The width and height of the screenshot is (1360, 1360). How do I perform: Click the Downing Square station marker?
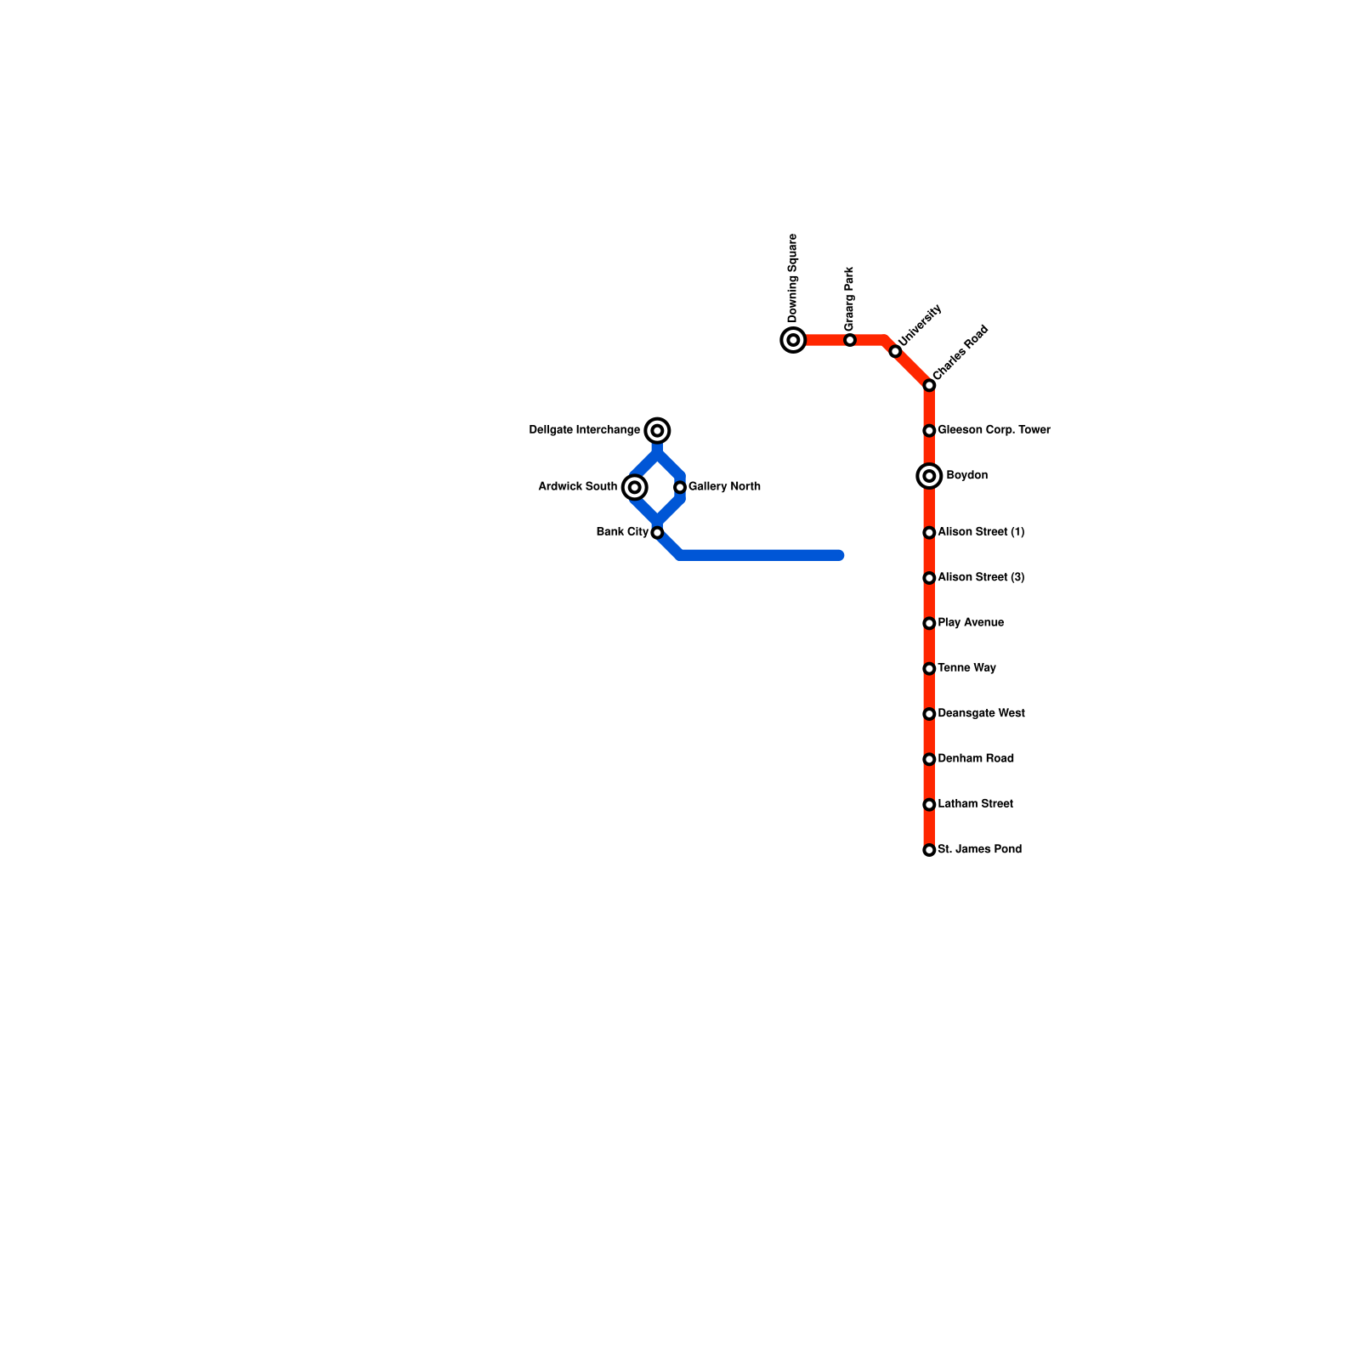(x=793, y=340)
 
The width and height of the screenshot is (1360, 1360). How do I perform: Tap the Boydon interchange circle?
(x=929, y=476)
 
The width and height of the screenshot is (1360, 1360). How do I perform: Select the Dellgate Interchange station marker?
(x=657, y=431)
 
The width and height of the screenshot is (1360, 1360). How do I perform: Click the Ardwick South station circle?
(x=634, y=487)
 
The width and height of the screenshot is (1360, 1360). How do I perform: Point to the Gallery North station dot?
(x=680, y=487)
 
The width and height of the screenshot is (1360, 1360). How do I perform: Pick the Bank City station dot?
(x=657, y=533)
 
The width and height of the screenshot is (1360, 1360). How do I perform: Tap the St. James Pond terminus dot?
(x=929, y=850)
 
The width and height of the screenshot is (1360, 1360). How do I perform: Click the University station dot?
(x=895, y=351)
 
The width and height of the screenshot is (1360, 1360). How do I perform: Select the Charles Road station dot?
(x=929, y=386)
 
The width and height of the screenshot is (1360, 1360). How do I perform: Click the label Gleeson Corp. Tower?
(x=994, y=430)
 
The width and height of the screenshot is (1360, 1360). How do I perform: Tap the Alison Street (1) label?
(x=981, y=532)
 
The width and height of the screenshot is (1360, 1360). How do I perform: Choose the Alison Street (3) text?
(x=981, y=578)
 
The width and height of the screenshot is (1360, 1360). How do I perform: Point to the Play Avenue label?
(x=971, y=623)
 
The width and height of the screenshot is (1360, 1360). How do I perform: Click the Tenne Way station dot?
(x=929, y=669)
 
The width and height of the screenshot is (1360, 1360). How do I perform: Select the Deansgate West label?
(x=981, y=714)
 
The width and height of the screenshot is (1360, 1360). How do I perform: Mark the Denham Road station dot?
(x=929, y=759)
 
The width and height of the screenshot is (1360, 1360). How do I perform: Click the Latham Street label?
(x=975, y=804)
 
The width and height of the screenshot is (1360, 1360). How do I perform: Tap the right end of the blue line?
(x=839, y=556)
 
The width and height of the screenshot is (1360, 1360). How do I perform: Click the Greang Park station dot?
(x=850, y=340)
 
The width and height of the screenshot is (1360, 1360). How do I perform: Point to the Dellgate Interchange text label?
(x=584, y=430)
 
